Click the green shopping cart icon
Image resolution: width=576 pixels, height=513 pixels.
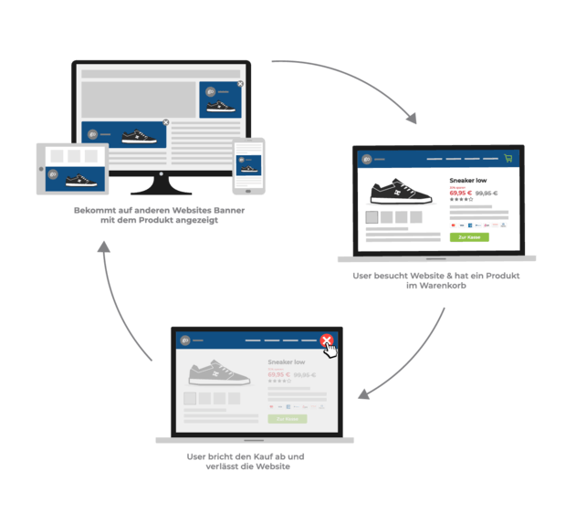pyautogui.click(x=508, y=158)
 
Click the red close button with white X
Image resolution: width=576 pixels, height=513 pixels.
pyautogui.click(x=326, y=341)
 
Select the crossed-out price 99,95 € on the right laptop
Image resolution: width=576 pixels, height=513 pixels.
pyautogui.click(x=486, y=194)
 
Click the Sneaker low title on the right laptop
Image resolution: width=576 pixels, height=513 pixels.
pyautogui.click(x=468, y=181)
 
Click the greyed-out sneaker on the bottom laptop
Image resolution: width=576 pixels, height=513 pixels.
pyautogui.click(x=216, y=373)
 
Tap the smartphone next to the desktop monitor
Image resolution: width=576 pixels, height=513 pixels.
pyautogui.click(x=248, y=166)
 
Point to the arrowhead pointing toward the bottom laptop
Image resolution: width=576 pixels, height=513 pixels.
pyautogui.click(x=364, y=395)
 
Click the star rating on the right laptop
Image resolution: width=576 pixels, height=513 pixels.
pyautogui.click(x=461, y=200)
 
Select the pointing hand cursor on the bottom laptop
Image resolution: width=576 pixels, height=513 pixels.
pyautogui.click(x=332, y=349)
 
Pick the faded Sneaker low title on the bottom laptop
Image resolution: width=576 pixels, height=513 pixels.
pyautogui.click(x=286, y=362)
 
